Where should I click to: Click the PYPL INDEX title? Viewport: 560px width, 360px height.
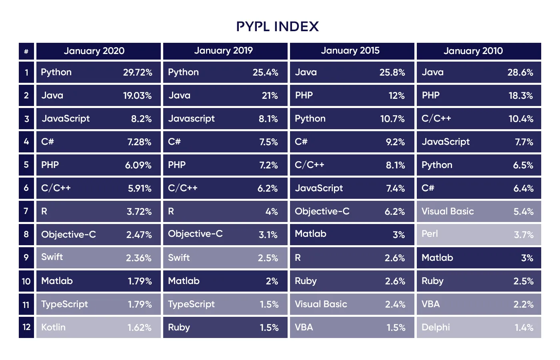[278, 26]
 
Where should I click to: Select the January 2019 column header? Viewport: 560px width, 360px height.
[224, 50]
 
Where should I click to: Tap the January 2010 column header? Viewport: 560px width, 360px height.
[473, 51]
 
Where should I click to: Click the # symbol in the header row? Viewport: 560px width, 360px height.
[26, 51]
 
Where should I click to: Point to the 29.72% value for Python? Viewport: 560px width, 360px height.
[138, 72]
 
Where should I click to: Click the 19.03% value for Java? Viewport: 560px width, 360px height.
[137, 96]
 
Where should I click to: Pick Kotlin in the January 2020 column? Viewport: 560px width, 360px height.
[53, 327]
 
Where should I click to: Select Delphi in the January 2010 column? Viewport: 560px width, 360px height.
[436, 327]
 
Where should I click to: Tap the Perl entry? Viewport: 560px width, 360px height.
[430, 234]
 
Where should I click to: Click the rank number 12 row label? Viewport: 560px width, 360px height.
[26, 327]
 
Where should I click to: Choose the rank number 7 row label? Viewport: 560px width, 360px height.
[26, 211]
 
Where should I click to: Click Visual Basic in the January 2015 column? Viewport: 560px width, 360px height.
[321, 304]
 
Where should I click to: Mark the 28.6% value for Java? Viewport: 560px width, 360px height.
[520, 72]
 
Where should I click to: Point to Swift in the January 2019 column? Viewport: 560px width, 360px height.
[179, 258]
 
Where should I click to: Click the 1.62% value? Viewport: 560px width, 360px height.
[139, 328]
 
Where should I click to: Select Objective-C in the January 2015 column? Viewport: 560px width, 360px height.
[322, 211]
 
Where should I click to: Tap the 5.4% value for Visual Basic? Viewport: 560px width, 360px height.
[523, 212]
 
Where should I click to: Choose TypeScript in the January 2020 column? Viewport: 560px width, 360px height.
[64, 304]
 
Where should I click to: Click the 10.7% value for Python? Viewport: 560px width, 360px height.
[392, 119]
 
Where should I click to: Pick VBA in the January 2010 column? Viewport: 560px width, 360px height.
[430, 304]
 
